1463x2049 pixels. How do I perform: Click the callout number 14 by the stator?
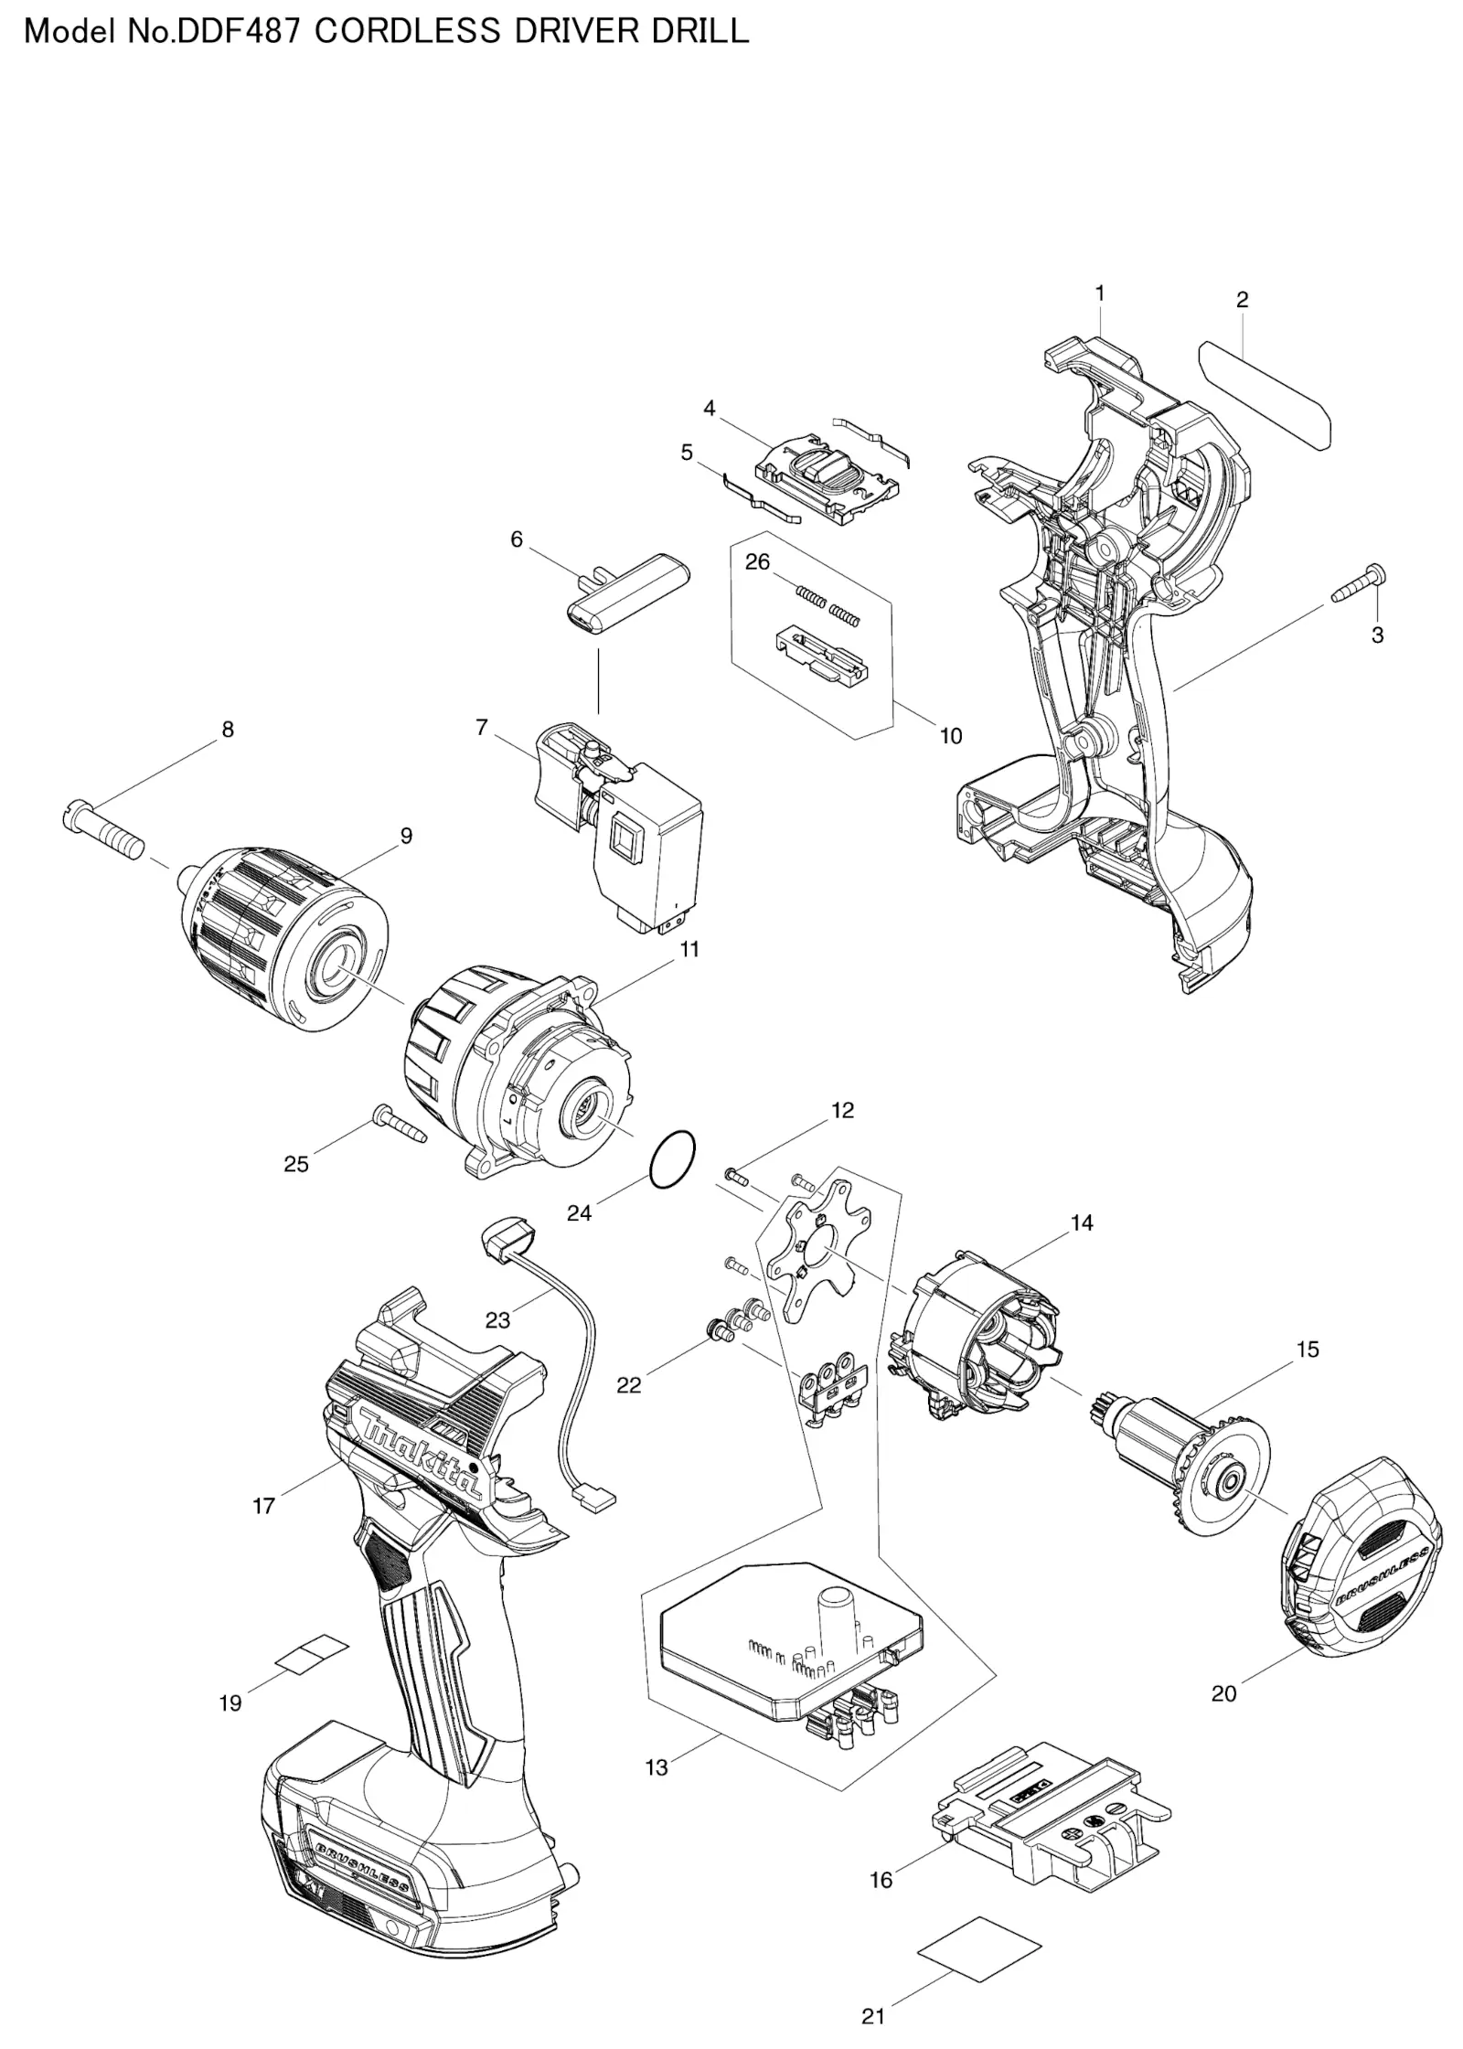[x=1082, y=1223]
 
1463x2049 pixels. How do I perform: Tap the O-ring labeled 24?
[x=670, y=1161]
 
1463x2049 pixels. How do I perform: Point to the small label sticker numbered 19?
[x=312, y=1653]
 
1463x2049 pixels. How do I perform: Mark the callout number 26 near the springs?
[x=757, y=561]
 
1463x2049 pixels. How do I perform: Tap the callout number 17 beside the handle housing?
[x=263, y=1506]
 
